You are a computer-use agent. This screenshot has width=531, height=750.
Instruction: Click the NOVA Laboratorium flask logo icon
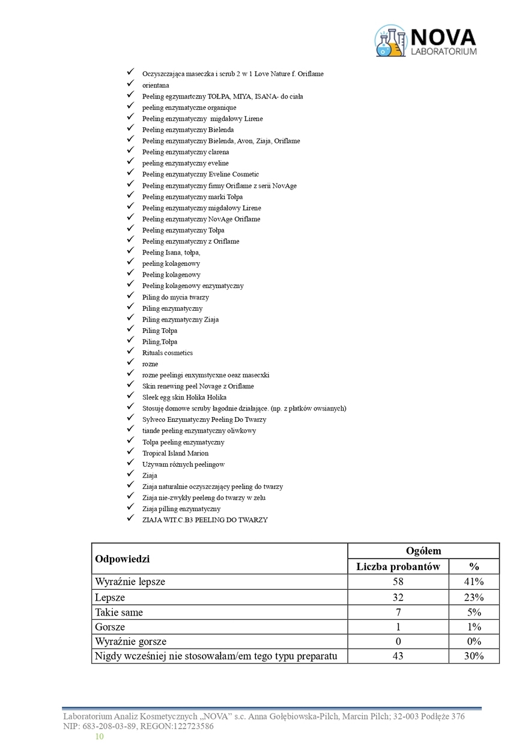(390, 41)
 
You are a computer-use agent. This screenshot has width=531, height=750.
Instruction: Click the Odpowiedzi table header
(123, 559)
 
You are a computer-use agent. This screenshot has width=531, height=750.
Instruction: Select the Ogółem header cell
(423, 551)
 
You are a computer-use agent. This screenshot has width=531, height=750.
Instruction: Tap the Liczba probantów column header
(398, 566)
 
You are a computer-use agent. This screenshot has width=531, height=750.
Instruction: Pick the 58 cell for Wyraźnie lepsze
(398, 582)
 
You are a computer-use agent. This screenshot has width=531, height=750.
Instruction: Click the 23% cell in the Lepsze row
(473, 597)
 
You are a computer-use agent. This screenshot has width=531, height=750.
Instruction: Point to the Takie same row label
(119, 613)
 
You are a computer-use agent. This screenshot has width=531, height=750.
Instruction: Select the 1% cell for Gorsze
(473, 627)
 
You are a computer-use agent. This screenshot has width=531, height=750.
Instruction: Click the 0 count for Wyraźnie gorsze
(398, 641)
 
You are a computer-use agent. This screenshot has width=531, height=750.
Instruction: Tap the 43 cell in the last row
(398, 656)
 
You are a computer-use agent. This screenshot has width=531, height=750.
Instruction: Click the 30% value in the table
(473, 656)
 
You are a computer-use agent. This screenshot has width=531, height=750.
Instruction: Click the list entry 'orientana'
(156, 85)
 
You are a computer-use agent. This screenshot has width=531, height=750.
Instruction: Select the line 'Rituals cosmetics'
(168, 353)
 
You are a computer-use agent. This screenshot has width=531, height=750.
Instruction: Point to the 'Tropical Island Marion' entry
(175, 453)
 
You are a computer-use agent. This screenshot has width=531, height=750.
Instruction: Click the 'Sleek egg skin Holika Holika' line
(184, 397)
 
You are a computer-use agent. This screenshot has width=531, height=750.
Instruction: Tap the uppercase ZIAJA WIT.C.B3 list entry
(205, 520)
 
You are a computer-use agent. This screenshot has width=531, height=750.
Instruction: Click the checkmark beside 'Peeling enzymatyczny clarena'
(130, 151)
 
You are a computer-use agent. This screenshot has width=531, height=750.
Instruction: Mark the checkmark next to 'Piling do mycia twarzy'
(130, 296)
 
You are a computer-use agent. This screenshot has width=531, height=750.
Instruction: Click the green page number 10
(99, 736)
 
